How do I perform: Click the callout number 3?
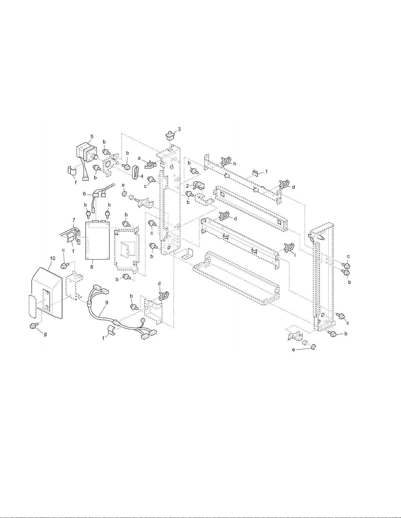pyautogui.click(x=179, y=129)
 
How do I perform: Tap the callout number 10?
pyautogui.click(x=53, y=259)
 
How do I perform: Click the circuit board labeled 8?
pyautogui.click(x=98, y=240)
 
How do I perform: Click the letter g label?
pyautogui.click(x=45, y=334)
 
